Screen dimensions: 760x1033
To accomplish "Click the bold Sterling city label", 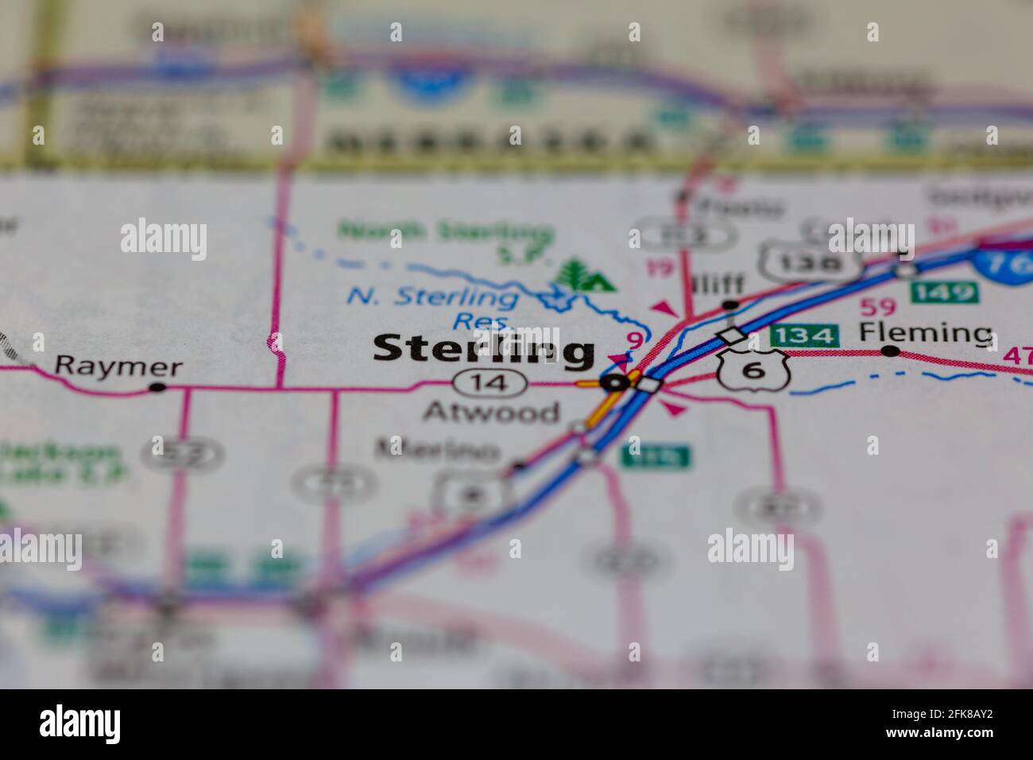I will pyautogui.click(x=483, y=350).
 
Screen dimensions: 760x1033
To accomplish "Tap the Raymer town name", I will pyautogui.click(x=118, y=367).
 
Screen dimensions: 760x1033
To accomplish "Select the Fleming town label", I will pyautogui.click(x=927, y=332).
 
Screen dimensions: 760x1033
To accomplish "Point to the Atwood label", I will pyautogui.click(x=491, y=412).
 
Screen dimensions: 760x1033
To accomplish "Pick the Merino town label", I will pyautogui.click(x=438, y=449).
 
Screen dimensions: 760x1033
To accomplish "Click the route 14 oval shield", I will pyautogui.click(x=490, y=384).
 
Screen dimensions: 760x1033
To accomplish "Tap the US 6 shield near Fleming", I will pyautogui.click(x=753, y=368).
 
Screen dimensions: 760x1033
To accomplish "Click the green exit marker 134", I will pyautogui.click(x=805, y=336).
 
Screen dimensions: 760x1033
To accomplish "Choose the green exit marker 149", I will pyautogui.click(x=943, y=292).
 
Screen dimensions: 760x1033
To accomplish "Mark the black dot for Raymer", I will pyautogui.click(x=158, y=387).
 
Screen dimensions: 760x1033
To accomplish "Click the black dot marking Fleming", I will pyautogui.click(x=892, y=351).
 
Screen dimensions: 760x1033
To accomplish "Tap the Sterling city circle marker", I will pyautogui.click(x=614, y=383).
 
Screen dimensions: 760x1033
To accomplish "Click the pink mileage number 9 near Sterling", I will pyautogui.click(x=633, y=340).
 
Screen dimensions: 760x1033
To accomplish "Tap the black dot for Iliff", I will pyautogui.click(x=730, y=304).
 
